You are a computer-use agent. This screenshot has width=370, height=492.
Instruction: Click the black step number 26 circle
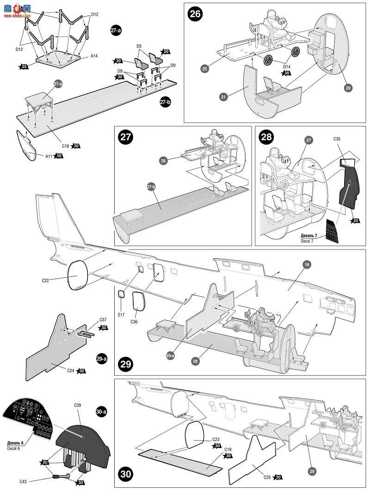[x=195, y=14]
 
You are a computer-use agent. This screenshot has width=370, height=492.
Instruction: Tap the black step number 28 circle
[x=267, y=137]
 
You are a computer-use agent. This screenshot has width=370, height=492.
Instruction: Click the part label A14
[x=94, y=56]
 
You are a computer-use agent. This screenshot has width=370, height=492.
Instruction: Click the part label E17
[x=121, y=314]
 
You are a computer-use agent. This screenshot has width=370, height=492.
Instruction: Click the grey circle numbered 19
[x=293, y=277]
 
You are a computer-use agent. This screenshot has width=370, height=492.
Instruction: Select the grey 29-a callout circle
[x=170, y=355]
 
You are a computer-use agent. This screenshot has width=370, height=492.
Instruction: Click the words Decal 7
[x=310, y=241]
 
